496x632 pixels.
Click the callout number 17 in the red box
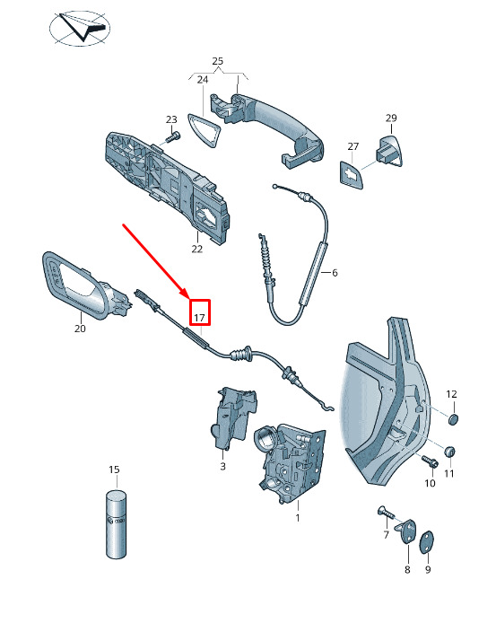point(200,318)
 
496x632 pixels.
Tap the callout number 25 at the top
point(217,61)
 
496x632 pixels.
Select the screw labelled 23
point(172,137)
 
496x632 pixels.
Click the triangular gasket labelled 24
point(204,130)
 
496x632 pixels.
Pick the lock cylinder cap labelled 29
point(389,151)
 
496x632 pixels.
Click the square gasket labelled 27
point(351,175)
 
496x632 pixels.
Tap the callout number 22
point(196,249)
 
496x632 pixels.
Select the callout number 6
point(335,273)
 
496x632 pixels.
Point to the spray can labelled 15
point(117,524)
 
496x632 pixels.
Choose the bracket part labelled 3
point(232,418)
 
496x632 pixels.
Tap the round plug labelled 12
point(453,419)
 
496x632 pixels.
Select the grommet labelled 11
point(449,451)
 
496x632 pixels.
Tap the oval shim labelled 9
point(426,542)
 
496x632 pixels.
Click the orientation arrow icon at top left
point(80,28)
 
